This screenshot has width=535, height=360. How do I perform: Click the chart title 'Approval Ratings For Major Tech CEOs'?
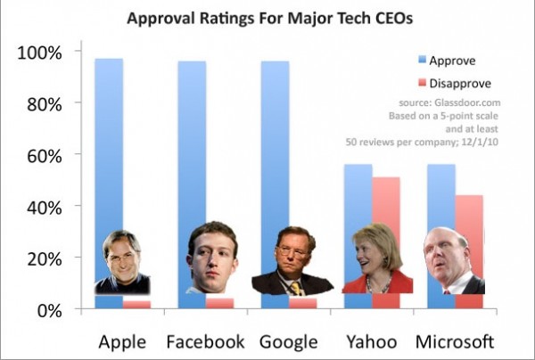click(x=267, y=18)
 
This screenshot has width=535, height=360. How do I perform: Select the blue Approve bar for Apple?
click(x=109, y=143)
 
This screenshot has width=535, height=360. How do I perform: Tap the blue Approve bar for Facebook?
click(x=192, y=143)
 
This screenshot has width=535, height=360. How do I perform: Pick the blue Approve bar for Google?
click(x=275, y=143)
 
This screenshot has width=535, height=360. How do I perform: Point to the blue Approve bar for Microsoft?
click(x=441, y=196)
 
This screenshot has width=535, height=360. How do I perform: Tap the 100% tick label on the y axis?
click(x=40, y=52)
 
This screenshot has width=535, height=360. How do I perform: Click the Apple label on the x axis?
click(x=122, y=342)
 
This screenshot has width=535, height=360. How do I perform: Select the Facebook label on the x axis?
click(x=205, y=342)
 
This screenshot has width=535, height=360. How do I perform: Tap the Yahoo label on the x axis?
click(x=373, y=342)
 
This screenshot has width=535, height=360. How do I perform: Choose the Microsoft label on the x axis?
click(x=456, y=342)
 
